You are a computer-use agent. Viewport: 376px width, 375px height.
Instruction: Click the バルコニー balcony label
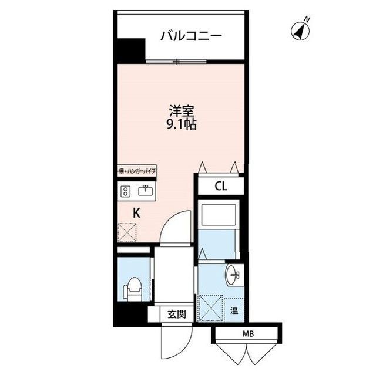point(191,36)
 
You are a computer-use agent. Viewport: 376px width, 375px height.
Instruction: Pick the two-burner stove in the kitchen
point(125,190)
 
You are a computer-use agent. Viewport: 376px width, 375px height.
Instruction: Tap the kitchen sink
point(145,190)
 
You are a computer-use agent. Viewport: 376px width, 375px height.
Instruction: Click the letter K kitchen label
point(136,214)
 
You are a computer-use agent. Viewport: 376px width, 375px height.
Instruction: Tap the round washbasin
point(234,275)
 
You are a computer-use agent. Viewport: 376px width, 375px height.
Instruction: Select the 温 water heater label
point(234,310)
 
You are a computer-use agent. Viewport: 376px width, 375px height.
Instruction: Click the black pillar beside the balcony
point(130,50)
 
